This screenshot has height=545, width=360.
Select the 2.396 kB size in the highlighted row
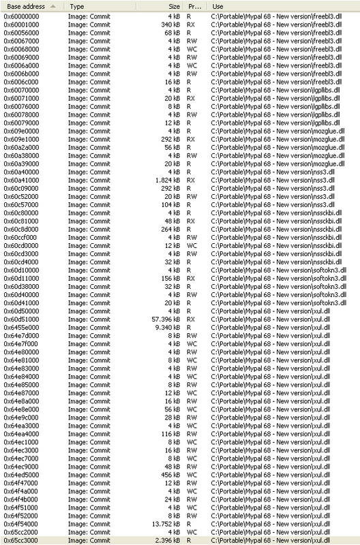[x=167, y=540]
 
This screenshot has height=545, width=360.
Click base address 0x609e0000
[x=22, y=131]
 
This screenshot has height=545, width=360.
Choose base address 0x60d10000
[x=22, y=270]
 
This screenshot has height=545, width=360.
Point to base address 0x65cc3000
[x=22, y=540]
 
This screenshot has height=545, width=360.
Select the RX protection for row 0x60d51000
[x=192, y=319]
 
